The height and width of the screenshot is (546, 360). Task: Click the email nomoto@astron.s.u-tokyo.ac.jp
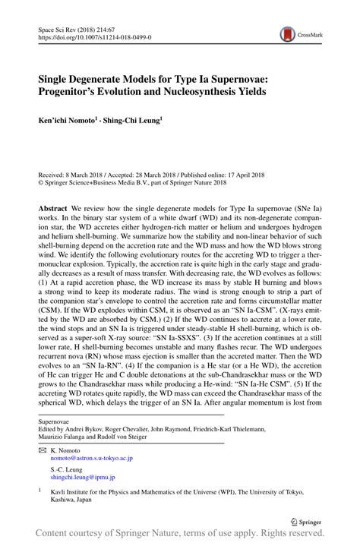92,458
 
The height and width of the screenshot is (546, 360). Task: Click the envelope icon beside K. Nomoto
43,450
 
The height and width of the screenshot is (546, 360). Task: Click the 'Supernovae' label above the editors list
58,420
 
